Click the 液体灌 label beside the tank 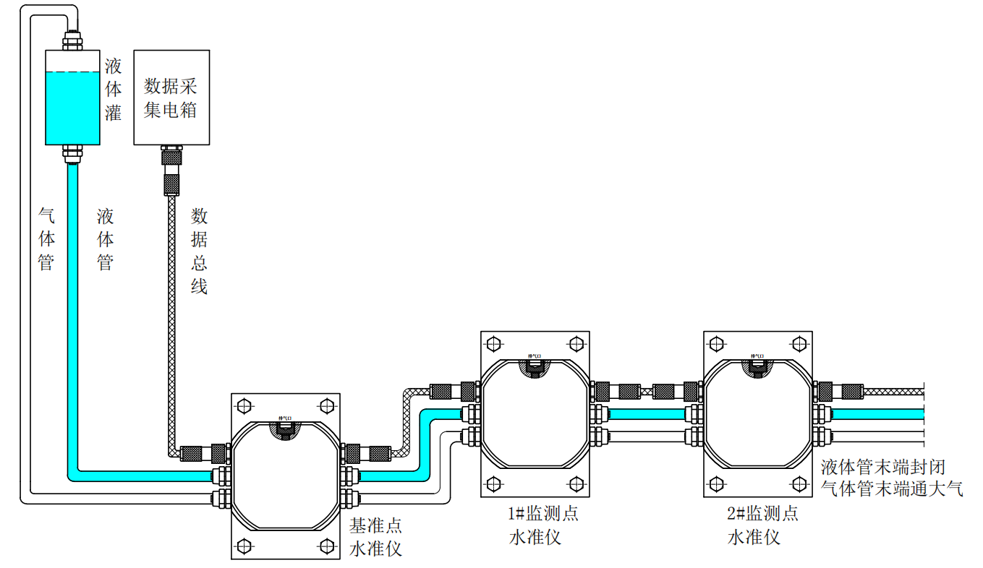coord(113,90)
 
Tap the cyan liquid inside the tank coord(72,108)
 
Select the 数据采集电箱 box coord(171,97)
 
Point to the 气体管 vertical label coord(46,239)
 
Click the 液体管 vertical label coord(106,239)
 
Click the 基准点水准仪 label coord(375,537)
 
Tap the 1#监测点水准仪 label coord(543,525)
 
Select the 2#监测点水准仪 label coord(762,525)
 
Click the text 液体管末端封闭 coord(883,467)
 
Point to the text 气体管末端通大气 coord(892,489)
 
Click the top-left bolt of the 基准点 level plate coord(243,404)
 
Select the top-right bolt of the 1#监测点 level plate coord(576,342)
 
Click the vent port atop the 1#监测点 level coord(535,366)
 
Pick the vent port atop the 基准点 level coord(284,428)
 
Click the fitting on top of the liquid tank coord(72,40)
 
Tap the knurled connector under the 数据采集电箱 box coord(171,169)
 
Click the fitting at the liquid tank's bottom coord(72,152)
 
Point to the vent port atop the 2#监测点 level coord(757,366)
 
